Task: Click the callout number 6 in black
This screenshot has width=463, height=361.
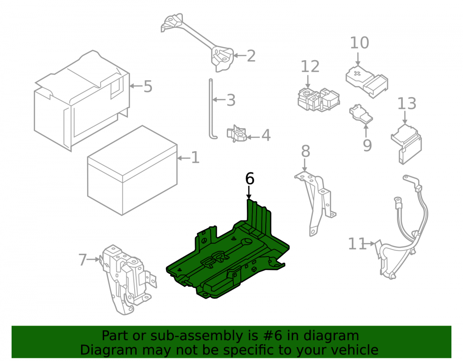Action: pos(250,178)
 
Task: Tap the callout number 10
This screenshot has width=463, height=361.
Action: pos(359,43)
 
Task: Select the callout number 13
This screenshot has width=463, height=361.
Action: pos(407,104)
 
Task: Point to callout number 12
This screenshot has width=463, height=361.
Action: pos(310,67)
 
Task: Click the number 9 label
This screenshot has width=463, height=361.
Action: pos(367,145)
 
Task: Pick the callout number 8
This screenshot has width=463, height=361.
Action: pos(306,151)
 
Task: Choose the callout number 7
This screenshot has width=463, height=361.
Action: pos(83,260)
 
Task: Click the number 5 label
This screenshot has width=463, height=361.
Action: pos(148,86)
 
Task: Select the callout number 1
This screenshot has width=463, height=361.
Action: pos(195,158)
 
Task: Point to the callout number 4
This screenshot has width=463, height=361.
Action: pos(266,135)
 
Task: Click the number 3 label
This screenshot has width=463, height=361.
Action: pos(231,100)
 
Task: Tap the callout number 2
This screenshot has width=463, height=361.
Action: pos(251,56)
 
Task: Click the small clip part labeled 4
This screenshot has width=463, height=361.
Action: pos(237,134)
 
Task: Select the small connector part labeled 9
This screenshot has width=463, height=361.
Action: pos(361,113)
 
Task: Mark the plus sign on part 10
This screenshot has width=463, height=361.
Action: pos(357,73)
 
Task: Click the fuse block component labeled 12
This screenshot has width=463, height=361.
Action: pos(319,99)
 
